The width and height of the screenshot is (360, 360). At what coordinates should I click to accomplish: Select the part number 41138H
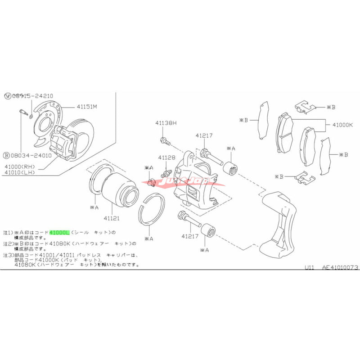(166, 123)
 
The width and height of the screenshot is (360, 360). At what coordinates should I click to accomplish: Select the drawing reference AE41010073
(340, 267)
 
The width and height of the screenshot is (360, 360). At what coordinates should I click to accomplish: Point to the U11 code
(309, 267)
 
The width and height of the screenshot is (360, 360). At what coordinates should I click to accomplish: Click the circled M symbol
(7, 96)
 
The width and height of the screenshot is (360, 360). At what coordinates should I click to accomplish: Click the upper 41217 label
(203, 135)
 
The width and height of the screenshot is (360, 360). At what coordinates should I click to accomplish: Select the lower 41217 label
(190, 235)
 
